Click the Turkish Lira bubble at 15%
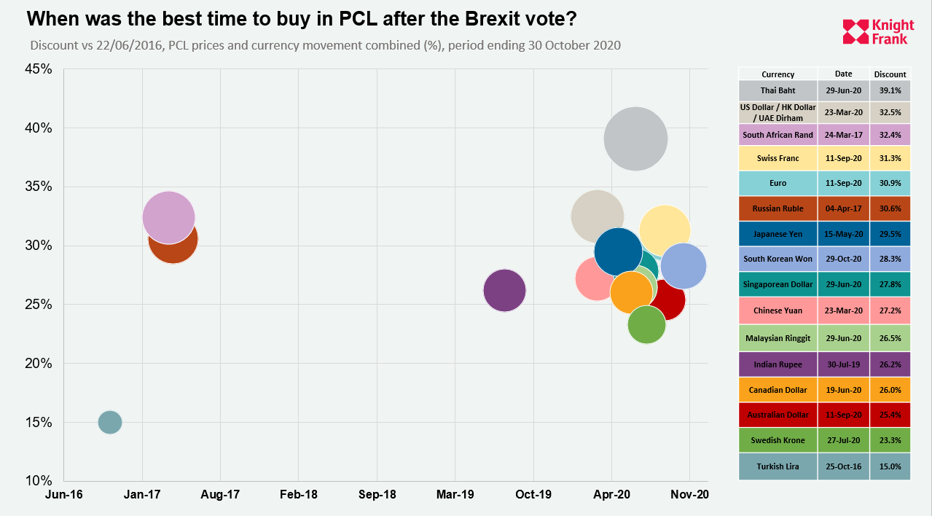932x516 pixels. (x=109, y=422)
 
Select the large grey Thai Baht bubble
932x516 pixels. (x=635, y=138)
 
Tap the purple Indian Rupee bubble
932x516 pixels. (x=504, y=290)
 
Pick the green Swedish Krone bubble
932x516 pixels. (x=646, y=325)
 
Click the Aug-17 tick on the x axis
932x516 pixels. (x=220, y=495)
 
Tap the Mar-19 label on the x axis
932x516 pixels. (x=455, y=495)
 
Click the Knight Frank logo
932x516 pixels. (x=875, y=32)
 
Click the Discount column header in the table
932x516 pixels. (x=890, y=74)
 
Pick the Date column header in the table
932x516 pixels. (x=843, y=74)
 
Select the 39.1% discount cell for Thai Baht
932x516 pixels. (x=890, y=91)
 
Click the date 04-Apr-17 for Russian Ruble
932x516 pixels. (x=843, y=208)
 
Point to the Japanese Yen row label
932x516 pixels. (x=778, y=233)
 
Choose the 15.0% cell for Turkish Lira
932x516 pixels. (x=890, y=466)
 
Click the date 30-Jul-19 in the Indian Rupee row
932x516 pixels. (x=843, y=364)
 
